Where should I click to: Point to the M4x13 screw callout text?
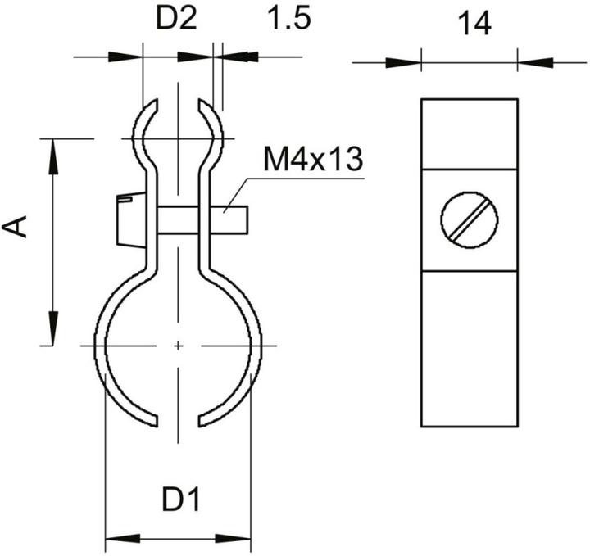pyautogui.click(x=312, y=159)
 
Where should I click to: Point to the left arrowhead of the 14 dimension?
pyautogui.click(x=405, y=61)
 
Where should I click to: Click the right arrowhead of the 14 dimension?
pyautogui.click(x=533, y=61)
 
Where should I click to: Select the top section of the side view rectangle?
pyautogui.click(x=470, y=133)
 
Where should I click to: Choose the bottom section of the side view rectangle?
pyautogui.click(x=470, y=348)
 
